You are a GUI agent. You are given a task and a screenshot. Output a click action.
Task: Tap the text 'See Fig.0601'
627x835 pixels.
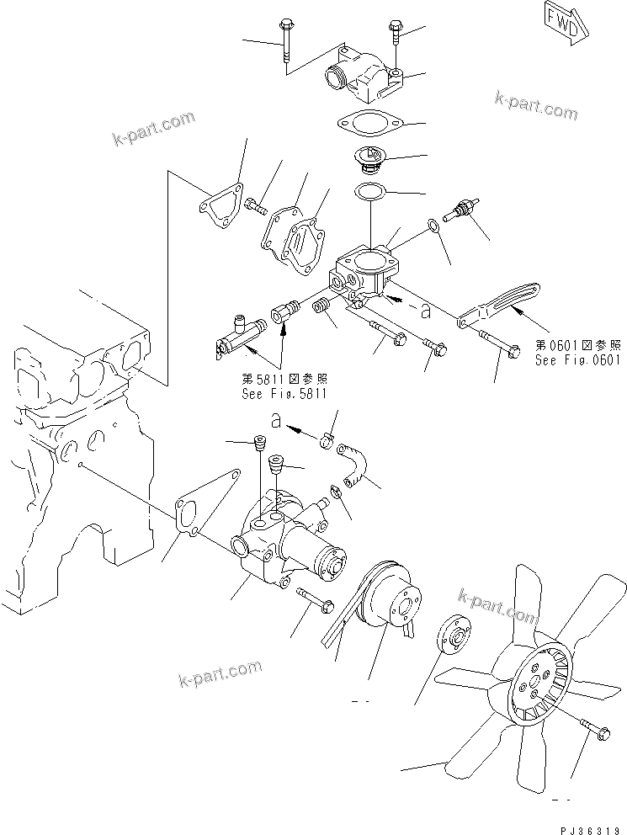[577, 359]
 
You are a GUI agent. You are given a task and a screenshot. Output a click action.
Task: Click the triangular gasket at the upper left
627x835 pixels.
[221, 206]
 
